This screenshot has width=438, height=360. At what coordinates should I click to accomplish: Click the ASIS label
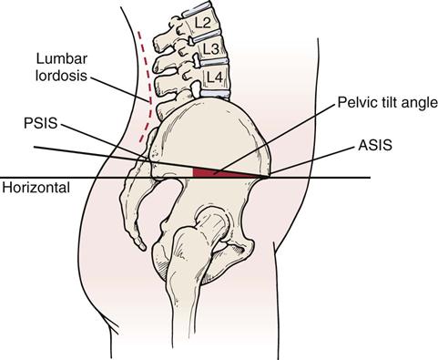pyautogui.click(x=375, y=144)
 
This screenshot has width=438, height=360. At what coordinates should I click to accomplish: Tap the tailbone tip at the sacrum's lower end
pyautogui.click(x=141, y=246)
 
